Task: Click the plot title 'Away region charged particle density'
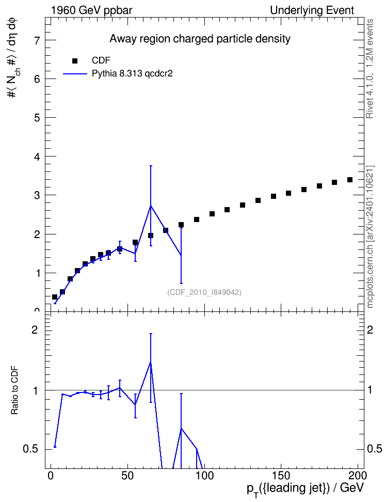coord(200,39)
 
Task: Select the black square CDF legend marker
coord(75,61)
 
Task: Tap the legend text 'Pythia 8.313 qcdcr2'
coord(132,73)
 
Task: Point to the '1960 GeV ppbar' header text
coord(91,10)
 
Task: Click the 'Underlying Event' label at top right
coord(312,10)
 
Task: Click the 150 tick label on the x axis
coord(280,475)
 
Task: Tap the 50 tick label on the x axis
coord(127,475)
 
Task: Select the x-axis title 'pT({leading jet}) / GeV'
coord(306,489)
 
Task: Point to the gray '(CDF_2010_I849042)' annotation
coord(204,292)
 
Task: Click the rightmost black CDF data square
coord(350,180)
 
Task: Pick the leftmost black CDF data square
coord(54,297)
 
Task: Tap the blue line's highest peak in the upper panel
coord(150,206)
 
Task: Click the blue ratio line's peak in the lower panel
coord(150,362)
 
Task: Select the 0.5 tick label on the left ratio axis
coord(30,449)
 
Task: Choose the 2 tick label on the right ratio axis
coord(370,330)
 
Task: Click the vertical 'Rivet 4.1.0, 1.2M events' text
coord(370,69)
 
